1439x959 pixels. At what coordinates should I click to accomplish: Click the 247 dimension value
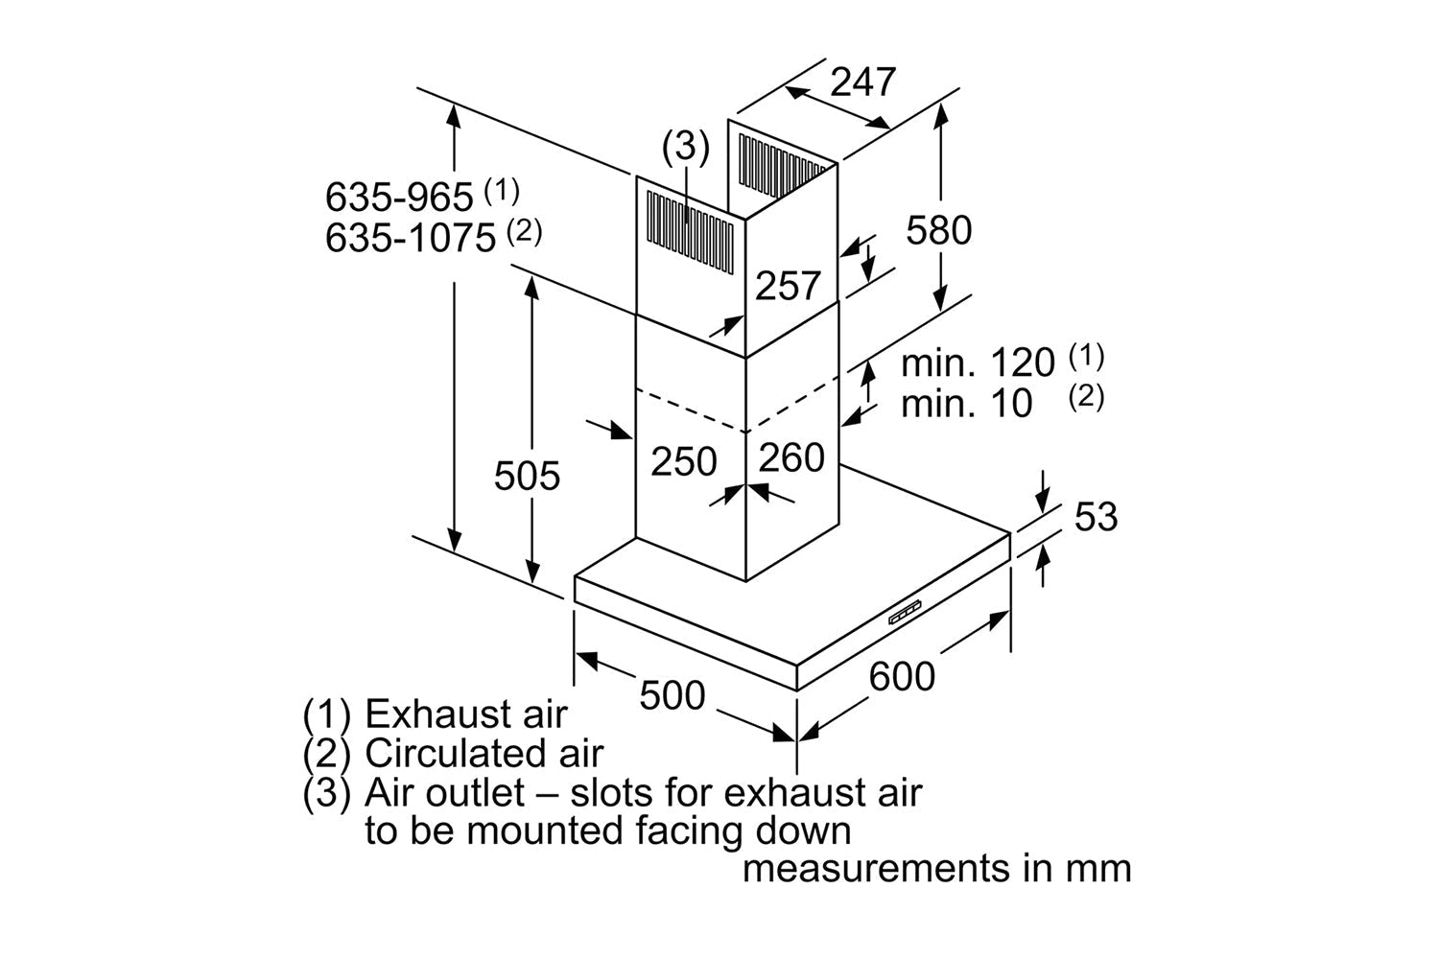tap(862, 82)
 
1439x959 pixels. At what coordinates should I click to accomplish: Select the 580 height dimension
tap(939, 230)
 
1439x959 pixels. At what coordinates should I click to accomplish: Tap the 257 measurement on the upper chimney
tap(788, 286)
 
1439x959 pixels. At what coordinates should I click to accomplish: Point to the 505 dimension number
tap(527, 476)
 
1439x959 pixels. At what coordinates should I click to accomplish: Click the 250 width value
tap(684, 461)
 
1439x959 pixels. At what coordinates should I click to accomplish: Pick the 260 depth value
tap(791, 457)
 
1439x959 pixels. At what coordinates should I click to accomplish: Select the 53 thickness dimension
tap(1096, 517)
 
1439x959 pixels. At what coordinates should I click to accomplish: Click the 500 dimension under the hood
tap(672, 694)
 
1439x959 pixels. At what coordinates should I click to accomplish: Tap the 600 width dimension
tap(902, 676)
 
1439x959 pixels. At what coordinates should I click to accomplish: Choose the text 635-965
tap(399, 198)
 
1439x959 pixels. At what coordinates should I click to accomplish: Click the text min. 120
tap(978, 363)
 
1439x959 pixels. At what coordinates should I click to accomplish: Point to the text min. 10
tap(966, 404)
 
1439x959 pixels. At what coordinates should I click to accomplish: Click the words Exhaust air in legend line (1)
tap(466, 714)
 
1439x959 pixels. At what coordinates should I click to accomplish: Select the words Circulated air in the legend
tap(484, 754)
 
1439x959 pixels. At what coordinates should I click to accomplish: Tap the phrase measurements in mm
tap(937, 869)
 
